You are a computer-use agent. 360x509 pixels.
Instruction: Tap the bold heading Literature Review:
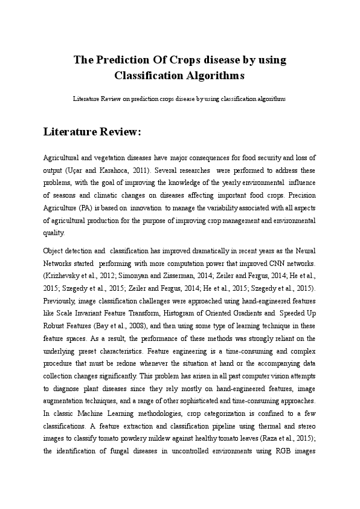[x=92, y=132]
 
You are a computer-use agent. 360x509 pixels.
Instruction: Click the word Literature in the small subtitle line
[x=86, y=98]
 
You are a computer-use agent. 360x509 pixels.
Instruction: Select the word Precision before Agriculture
[x=301, y=195]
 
